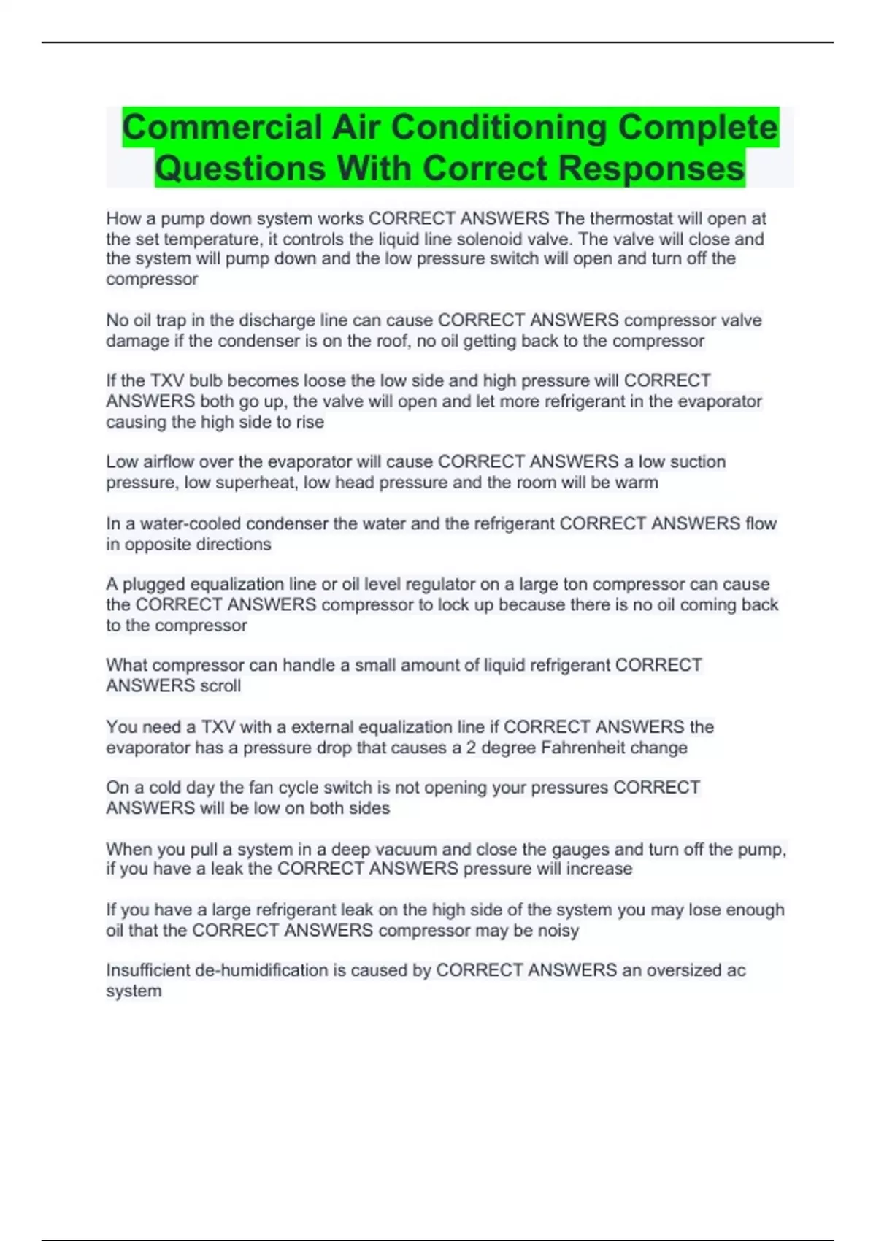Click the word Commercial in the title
pyautogui.click(x=221, y=128)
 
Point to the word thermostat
pyautogui.click(x=631, y=218)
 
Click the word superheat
pyautogui.click(x=252, y=483)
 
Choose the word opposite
pyautogui.click(x=158, y=544)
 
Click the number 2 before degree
pyautogui.click(x=472, y=748)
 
